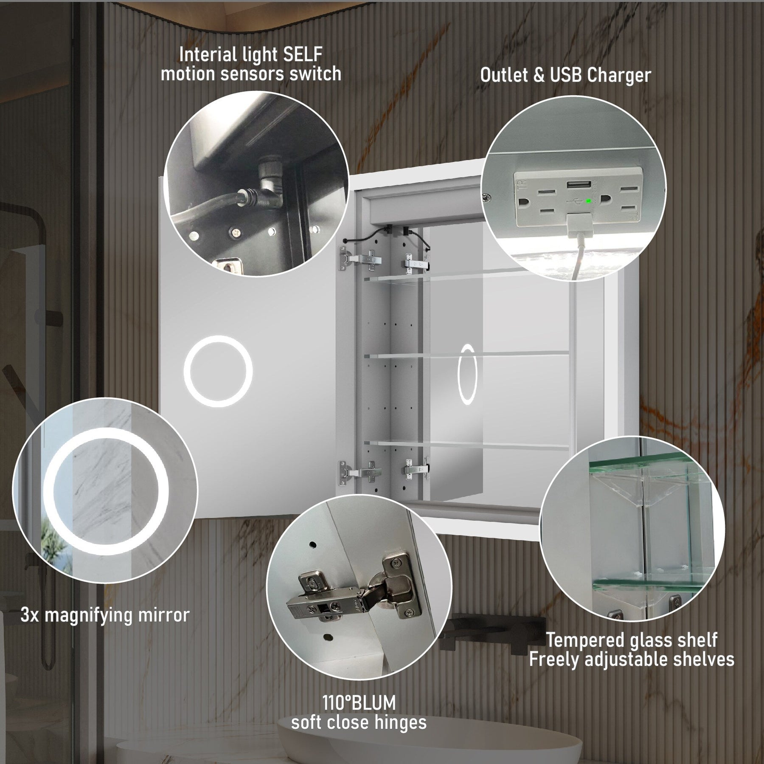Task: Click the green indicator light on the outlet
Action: pos(588,201)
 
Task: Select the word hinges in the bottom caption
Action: pos(399,722)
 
